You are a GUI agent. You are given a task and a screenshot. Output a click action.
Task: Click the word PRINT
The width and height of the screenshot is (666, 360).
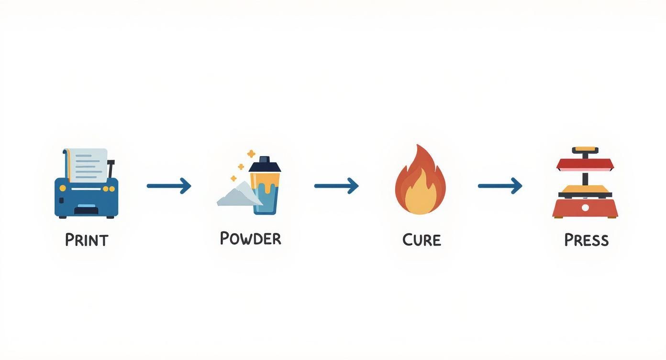[87, 239]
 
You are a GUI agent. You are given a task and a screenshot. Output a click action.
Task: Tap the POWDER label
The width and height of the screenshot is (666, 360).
[250, 238]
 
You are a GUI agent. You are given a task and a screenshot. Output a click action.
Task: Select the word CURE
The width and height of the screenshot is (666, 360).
[421, 239]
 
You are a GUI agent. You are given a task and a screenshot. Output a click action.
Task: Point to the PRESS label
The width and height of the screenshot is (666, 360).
[586, 239]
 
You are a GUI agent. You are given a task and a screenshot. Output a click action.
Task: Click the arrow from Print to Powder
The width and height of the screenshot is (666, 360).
[168, 185]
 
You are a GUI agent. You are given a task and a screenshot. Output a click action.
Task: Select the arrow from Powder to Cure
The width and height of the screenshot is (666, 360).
[336, 185]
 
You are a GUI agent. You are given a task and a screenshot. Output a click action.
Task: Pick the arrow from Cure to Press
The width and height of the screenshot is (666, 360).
[499, 185]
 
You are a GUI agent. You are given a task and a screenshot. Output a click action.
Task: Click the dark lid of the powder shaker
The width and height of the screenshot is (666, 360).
[264, 166]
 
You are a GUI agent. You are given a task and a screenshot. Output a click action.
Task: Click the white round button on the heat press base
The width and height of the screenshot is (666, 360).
[585, 208]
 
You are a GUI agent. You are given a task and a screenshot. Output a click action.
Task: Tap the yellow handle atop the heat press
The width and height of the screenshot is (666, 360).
[585, 150]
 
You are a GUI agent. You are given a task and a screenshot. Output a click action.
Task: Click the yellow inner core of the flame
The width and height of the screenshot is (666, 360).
[420, 193]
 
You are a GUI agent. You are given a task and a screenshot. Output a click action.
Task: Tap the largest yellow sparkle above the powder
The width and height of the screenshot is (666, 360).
[251, 154]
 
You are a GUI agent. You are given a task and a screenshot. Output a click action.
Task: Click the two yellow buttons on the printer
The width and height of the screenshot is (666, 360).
[109, 189]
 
